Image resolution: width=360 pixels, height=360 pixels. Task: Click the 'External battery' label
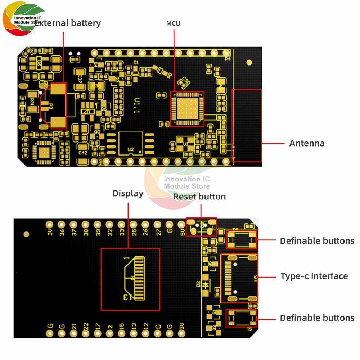click(68, 23)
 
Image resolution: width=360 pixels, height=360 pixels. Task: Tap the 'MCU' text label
click(173, 24)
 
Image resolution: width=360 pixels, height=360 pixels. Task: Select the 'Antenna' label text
click(307, 143)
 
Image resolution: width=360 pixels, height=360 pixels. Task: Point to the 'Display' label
click(128, 193)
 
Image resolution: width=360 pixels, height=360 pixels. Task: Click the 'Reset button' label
click(199, 197)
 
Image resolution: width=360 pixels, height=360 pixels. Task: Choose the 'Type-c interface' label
click(314, 276)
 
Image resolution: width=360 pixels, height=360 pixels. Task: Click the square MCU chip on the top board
click(186, 108)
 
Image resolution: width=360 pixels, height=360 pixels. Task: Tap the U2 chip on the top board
click(130, 143)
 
